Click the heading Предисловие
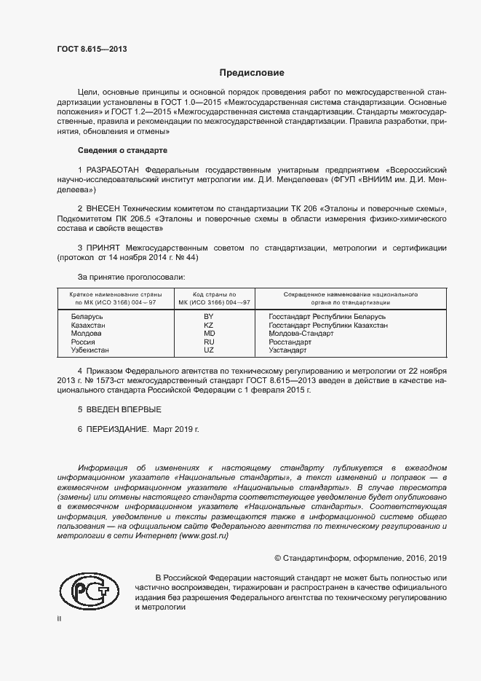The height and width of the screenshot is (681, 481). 252,73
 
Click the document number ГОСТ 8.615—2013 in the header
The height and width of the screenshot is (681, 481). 86,49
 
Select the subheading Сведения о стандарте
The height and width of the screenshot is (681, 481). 122,150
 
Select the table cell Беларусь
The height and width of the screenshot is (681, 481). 87,318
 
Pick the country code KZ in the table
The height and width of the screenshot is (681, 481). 208,326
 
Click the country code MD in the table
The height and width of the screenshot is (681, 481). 209,334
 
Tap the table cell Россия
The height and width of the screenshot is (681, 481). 83,342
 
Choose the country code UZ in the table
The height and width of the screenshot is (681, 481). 208,350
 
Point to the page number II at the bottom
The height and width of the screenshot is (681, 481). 59,618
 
